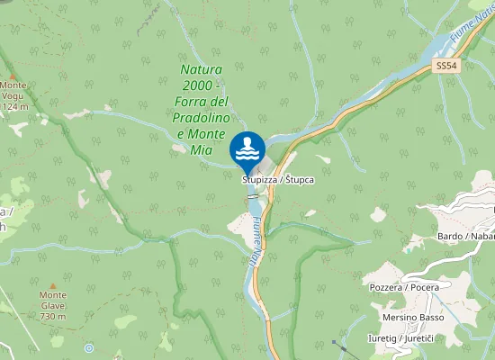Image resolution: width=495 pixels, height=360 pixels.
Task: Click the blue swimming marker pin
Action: coord(247,150)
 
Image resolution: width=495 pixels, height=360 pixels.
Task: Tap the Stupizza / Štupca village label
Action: coord(277,180)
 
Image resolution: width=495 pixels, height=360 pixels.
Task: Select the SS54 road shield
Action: coord(445,67)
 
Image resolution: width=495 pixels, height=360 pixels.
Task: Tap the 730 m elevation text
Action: coord(53,317)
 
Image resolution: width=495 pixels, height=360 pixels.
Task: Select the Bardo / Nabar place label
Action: coord(464,236)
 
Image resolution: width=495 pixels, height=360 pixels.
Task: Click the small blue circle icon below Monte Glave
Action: coord(88,347)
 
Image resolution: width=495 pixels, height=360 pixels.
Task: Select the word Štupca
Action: coord(299,180)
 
